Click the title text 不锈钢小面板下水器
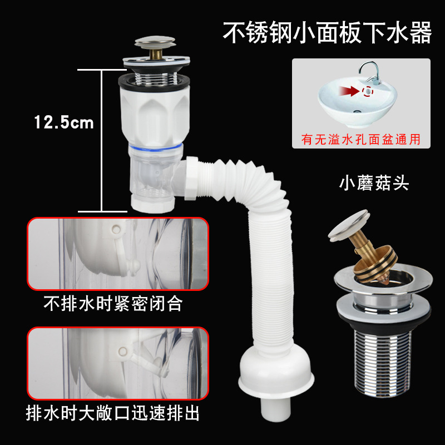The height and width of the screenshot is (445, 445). point(327,33)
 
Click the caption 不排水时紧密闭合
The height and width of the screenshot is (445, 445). point(113,305)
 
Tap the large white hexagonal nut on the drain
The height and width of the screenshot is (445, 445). point(154,114)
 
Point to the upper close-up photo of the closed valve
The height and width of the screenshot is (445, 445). point(118,254)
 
